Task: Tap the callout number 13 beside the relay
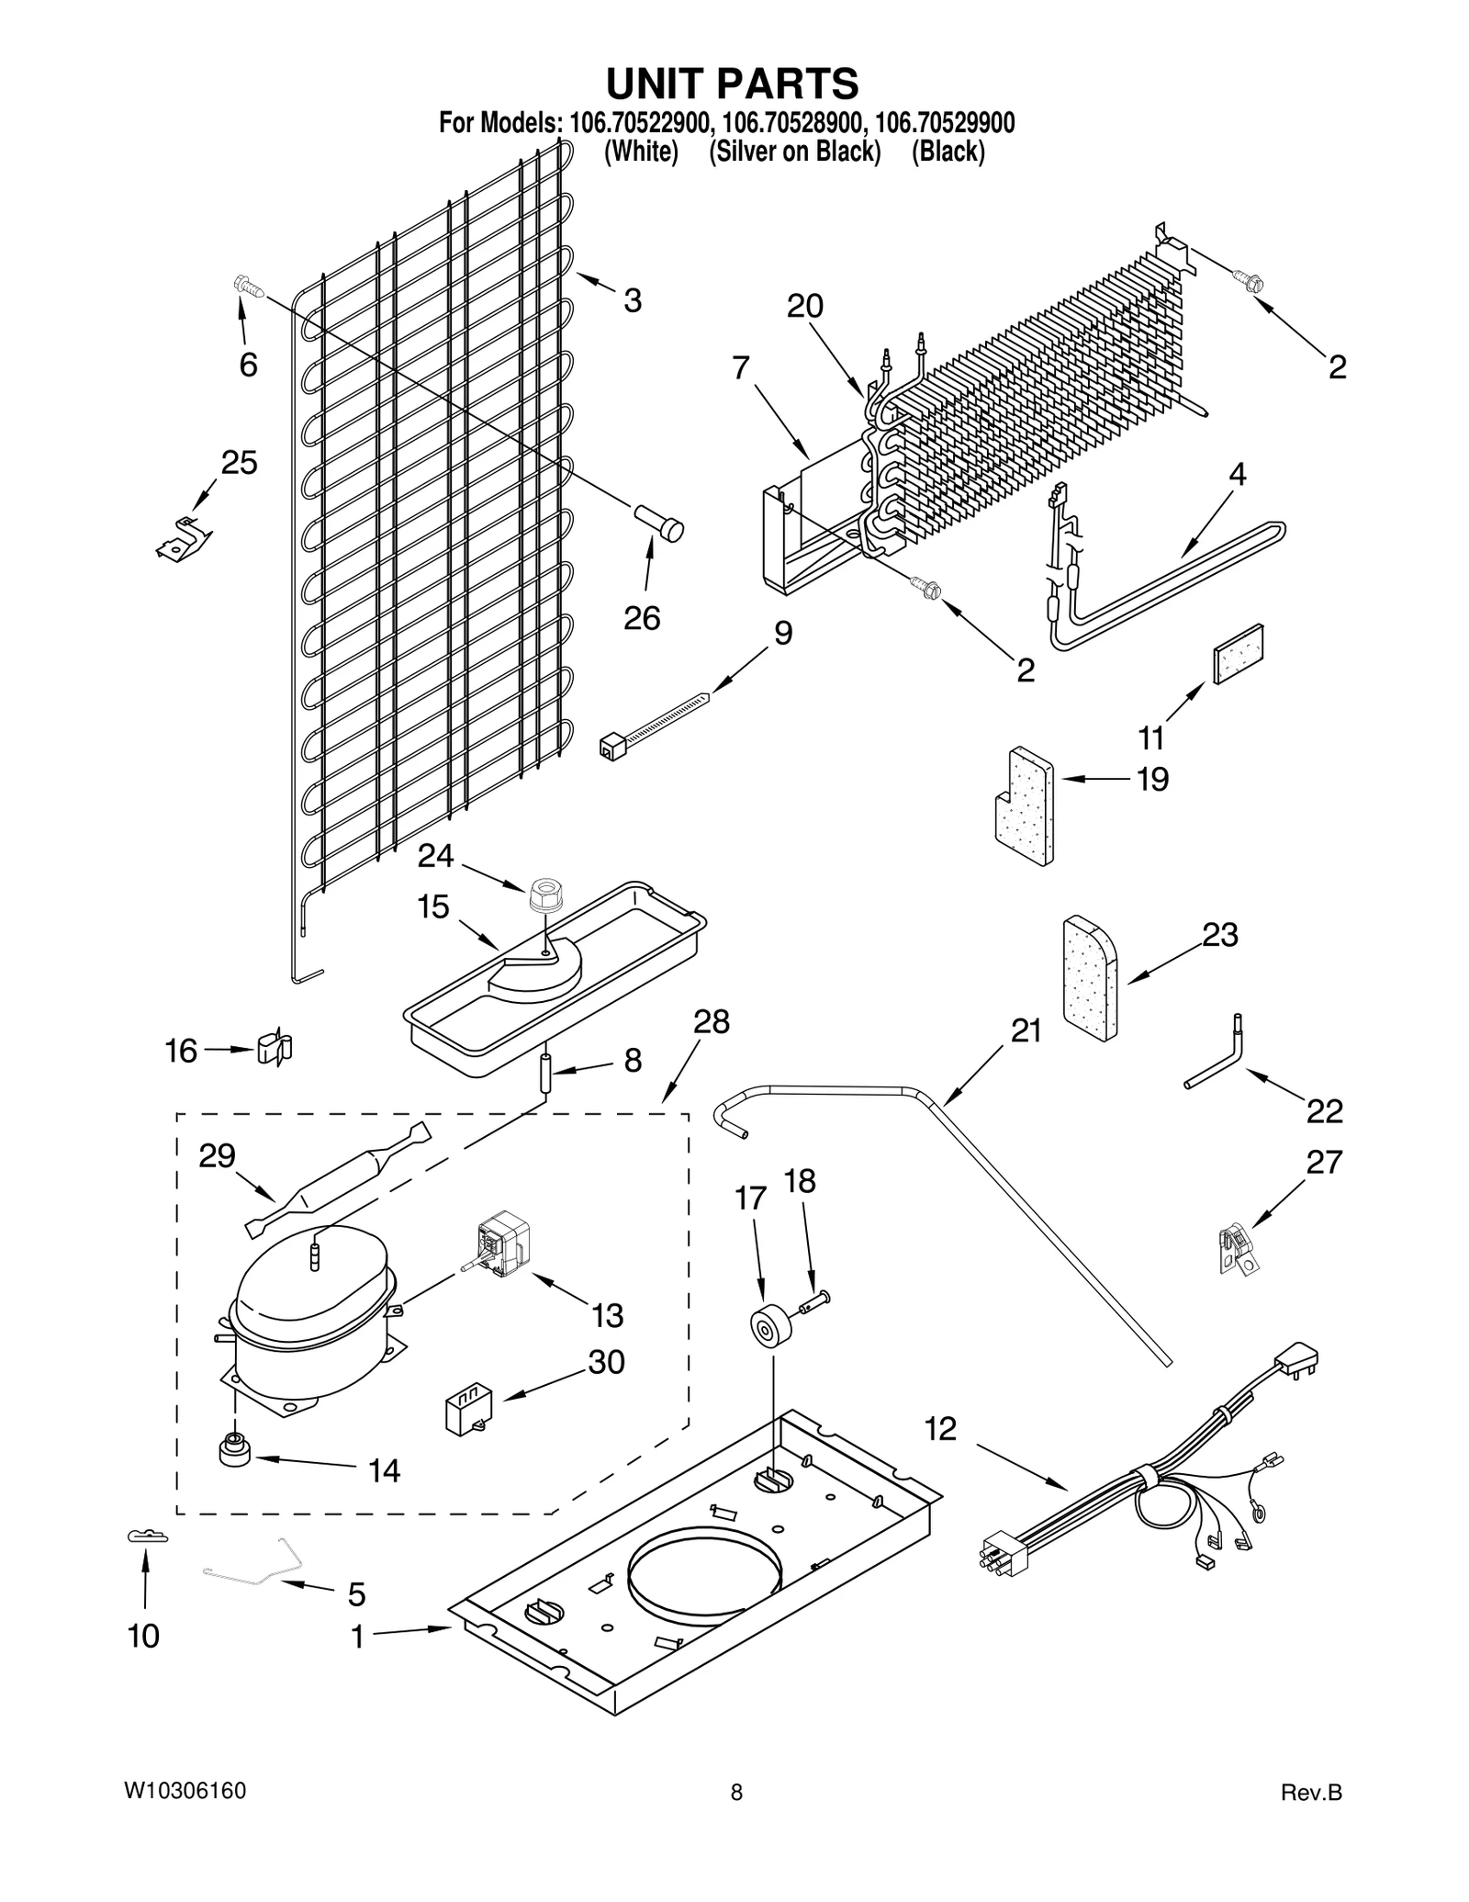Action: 607,1315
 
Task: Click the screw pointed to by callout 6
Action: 247,287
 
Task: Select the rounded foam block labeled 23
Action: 1091,978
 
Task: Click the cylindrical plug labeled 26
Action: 662,524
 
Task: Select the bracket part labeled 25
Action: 184,537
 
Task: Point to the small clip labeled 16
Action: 274,1048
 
